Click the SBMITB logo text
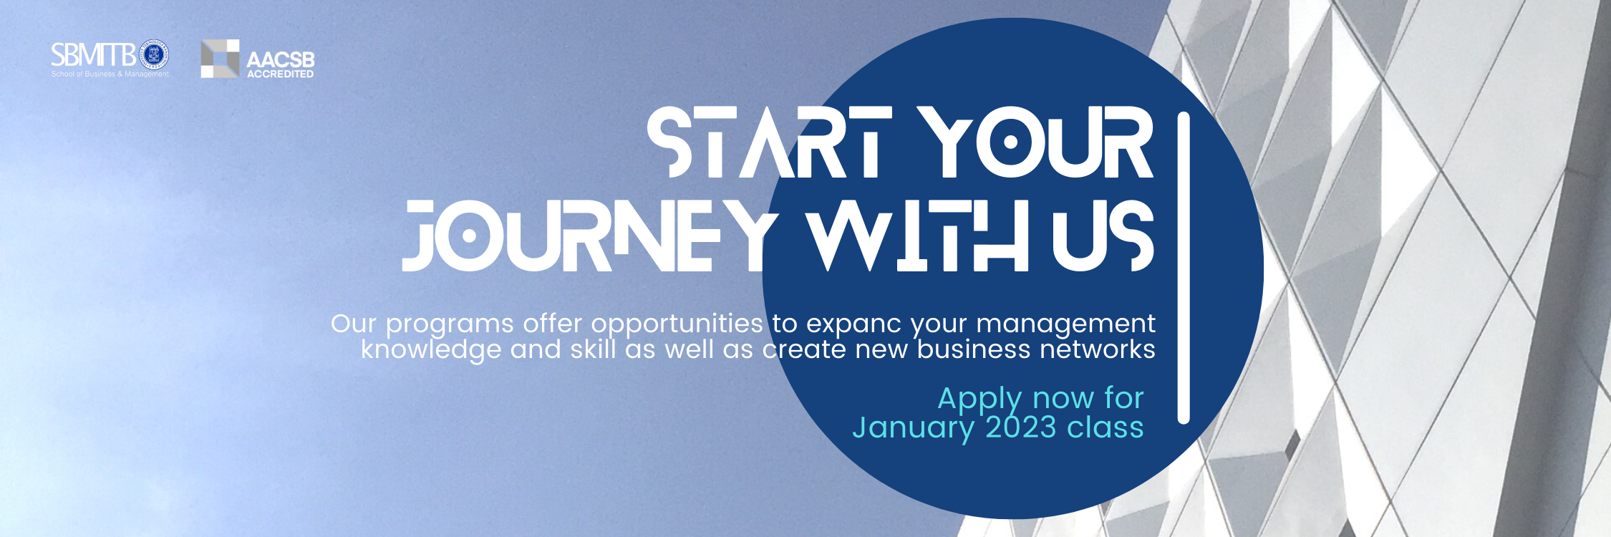pyautogui.click(x=93, y=55)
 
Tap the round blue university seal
pyautogui.click(x=153, y=55)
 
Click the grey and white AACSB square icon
pyautogui.click(x=220, y=59)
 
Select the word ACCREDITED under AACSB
pyautogui.click(x=280, y=74)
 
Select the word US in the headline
pyautogui.click(x=1103, y=236)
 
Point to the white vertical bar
pyautogui.click(x=1184, y=268)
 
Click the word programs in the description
pyautogui.click(x=450, y=325)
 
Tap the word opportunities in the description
pyautogui.click(x=677, y=325)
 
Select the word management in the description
pyautogui.click(x=1065, y=325)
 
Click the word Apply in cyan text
pyautogui.click(x=980, y=400)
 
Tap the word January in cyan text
pyautogui.click(x=913, y=429)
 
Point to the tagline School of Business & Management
pyautogui.click(x=110, y=74)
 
